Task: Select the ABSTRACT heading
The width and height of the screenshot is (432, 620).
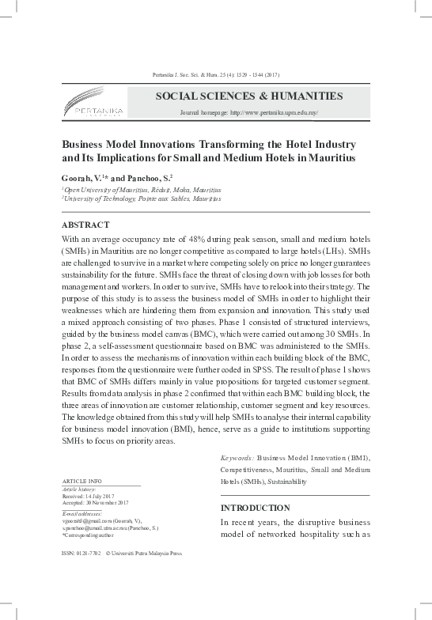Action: click(85, 224)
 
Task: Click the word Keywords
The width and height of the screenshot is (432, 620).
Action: click(236, 458)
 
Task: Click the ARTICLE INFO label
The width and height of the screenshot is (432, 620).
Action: click(81, 481)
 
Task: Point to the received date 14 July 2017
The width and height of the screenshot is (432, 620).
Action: click(104, 496)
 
